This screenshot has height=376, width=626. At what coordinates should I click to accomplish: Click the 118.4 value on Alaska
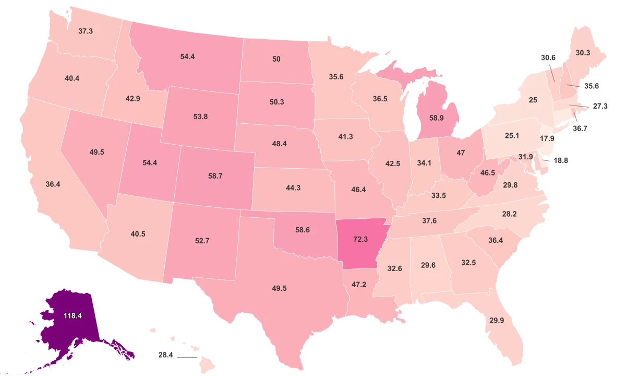(70, 316)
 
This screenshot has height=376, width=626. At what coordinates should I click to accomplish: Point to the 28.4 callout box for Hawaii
(165, 355)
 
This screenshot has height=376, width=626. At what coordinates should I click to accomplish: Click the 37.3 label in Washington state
(86, 31)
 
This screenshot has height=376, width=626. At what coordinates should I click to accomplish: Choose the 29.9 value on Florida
(497, 321)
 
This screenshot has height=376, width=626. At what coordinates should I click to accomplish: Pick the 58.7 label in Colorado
(215, 177)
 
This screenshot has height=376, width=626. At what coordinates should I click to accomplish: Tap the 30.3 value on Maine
(583, 53)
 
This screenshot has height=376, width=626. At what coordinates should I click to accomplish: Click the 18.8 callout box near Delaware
(561, 161)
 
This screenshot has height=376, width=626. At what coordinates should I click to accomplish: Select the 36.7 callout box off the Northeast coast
(579, 128)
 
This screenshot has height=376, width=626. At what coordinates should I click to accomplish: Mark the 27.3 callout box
(600, 105)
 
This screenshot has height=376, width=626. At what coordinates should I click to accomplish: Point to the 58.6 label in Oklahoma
(302, 229)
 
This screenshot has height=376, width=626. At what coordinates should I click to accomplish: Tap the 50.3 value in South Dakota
(276, 102)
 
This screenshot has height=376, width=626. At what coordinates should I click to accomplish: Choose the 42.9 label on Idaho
(133, 99)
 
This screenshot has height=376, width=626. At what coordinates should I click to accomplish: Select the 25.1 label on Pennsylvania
(511, 136)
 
